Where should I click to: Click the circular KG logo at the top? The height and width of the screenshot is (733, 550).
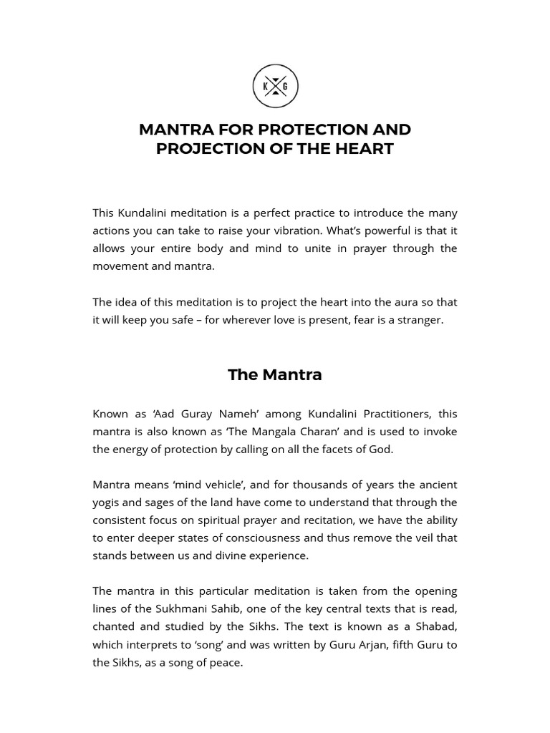pyautogui.click(x=275, y=87)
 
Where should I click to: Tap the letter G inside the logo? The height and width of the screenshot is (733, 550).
pyautogui.click(x=286, y=87)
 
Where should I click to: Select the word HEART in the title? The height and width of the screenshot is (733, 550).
pyautogui.click(x=367, y=149)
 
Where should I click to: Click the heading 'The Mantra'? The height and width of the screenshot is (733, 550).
pyautogui.click(x=275, y=374)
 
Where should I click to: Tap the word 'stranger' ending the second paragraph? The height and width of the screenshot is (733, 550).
pyautogui.click(x=421, y=319)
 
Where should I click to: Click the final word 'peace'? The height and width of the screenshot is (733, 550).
pyautogui.click(x=227, y=662)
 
